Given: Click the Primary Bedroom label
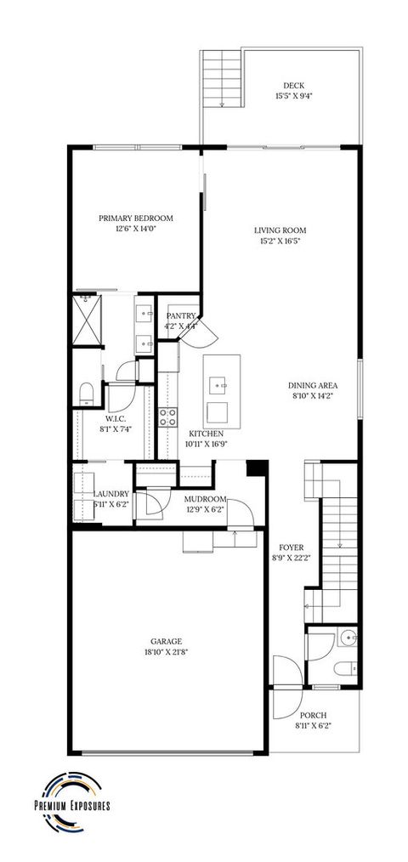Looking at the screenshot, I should tap(135, 217).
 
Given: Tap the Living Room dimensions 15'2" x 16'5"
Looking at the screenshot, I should tap(280, 241).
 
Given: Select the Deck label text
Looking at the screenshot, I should tap(294, 85).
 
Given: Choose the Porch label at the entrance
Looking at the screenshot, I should tap(313, 715).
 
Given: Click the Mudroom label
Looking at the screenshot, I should tap(205, 499).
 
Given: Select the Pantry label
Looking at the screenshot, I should tap(181, 316).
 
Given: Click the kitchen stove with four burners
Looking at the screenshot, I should tap(167, 417).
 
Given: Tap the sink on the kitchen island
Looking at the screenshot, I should tap(221, 384).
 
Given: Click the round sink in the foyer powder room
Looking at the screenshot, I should tap(351, 638).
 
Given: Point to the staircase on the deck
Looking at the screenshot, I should tap(221, 78).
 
